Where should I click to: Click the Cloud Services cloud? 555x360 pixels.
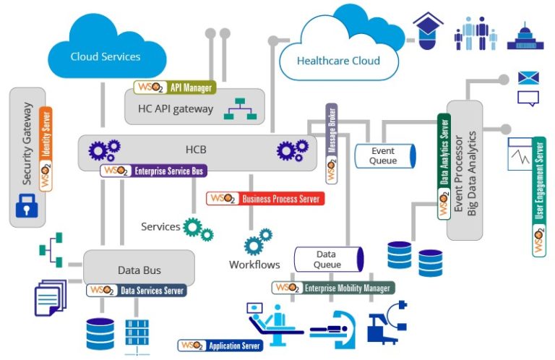(x=105, y=51)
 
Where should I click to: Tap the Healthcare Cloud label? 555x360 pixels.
(x=338, y=61)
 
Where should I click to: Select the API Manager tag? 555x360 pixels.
(x=174, y=87)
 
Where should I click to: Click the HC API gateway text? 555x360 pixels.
(x=175, y=109)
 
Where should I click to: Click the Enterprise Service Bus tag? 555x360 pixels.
(x=154, y=171)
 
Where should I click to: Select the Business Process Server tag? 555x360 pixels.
(x=264, y=198)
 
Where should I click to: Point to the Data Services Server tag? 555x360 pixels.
(x=137, y=290)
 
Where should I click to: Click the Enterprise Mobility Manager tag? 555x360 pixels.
(x=333, y=288)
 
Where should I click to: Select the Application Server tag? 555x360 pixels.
(x=220, y=346)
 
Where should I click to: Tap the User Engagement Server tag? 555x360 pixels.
(x=539, y=195)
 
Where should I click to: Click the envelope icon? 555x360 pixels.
(x=528, y=78)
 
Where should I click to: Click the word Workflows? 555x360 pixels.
(x=254, y=265)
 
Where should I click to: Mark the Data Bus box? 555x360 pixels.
(x=139, y=269)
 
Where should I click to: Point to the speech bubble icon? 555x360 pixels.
(x=528, y=99)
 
